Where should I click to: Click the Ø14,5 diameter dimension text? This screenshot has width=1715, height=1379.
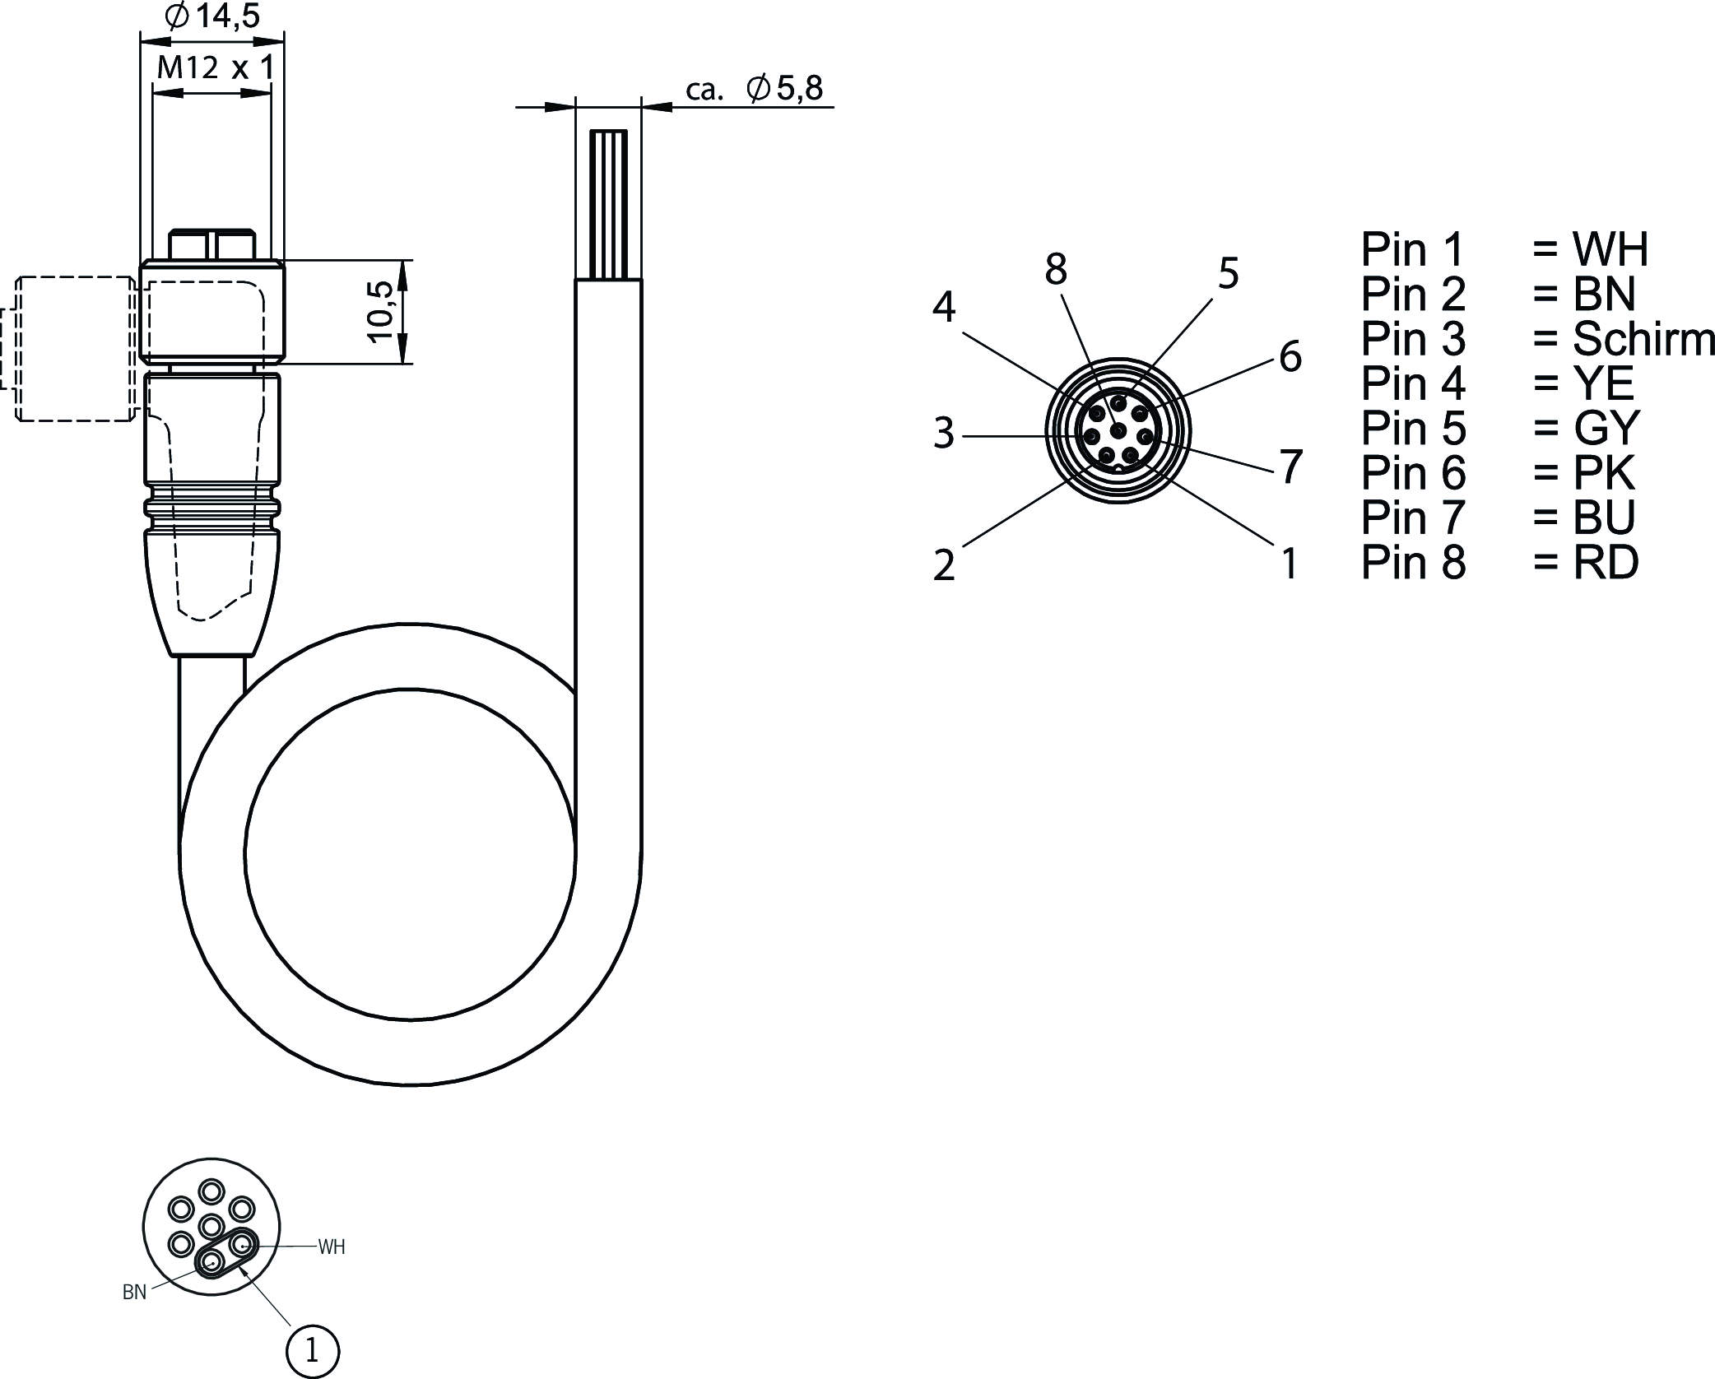213,16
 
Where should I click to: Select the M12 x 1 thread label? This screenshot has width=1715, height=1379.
215,67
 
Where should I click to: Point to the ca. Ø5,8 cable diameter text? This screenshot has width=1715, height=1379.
754,89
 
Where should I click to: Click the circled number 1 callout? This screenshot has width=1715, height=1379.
312,1350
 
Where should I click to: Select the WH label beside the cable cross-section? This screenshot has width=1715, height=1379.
332,1247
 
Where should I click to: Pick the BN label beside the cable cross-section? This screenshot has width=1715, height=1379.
134,1293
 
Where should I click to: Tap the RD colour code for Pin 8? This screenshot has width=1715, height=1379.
1606,562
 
